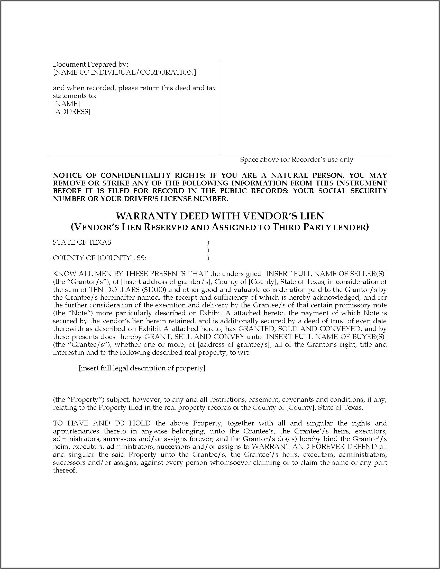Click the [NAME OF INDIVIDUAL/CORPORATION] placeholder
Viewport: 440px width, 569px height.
124,72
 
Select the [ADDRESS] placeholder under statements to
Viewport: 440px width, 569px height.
72,112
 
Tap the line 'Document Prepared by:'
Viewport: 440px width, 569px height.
90,64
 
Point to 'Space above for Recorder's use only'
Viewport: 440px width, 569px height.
296,159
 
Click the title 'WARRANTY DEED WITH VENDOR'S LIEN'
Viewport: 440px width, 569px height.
220,216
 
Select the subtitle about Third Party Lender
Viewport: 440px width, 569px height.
220,227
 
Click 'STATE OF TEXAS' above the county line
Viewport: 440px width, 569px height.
82,242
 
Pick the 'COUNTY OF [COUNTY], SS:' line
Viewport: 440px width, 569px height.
99,258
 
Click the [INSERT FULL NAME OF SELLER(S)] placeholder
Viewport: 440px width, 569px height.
325,274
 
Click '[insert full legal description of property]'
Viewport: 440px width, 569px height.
142,368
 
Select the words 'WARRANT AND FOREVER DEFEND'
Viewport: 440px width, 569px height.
314,447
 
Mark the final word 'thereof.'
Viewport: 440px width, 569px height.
65,470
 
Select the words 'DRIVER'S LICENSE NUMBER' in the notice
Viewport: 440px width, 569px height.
177,199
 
